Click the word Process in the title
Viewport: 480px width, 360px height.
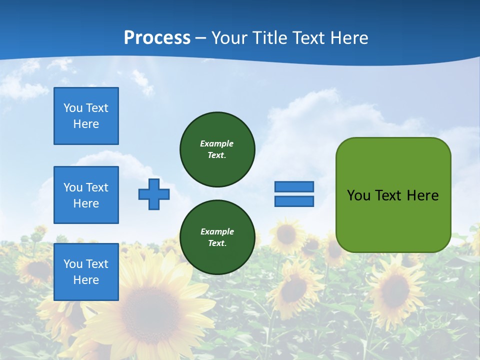(x=157, y=38)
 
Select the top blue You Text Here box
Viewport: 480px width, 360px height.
(x=86, y=116)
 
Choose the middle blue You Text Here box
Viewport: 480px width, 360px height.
(x=86, y=195)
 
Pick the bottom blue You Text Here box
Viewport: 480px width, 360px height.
(x=86, y=272)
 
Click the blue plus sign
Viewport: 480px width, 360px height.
(x=153, y=194)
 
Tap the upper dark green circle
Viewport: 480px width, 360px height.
(x=217, y=149)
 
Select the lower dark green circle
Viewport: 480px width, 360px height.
(x=217, y=237)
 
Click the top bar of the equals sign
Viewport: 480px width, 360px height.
(x=294, y=186)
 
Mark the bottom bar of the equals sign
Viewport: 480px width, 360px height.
(x=294, y=201)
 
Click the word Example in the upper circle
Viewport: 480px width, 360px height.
(x=216, y=143)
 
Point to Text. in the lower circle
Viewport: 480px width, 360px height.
(x=217, y=243)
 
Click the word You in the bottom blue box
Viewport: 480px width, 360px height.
(x=72, y=264)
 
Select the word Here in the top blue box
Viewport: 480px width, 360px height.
(x=86, y=124)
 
